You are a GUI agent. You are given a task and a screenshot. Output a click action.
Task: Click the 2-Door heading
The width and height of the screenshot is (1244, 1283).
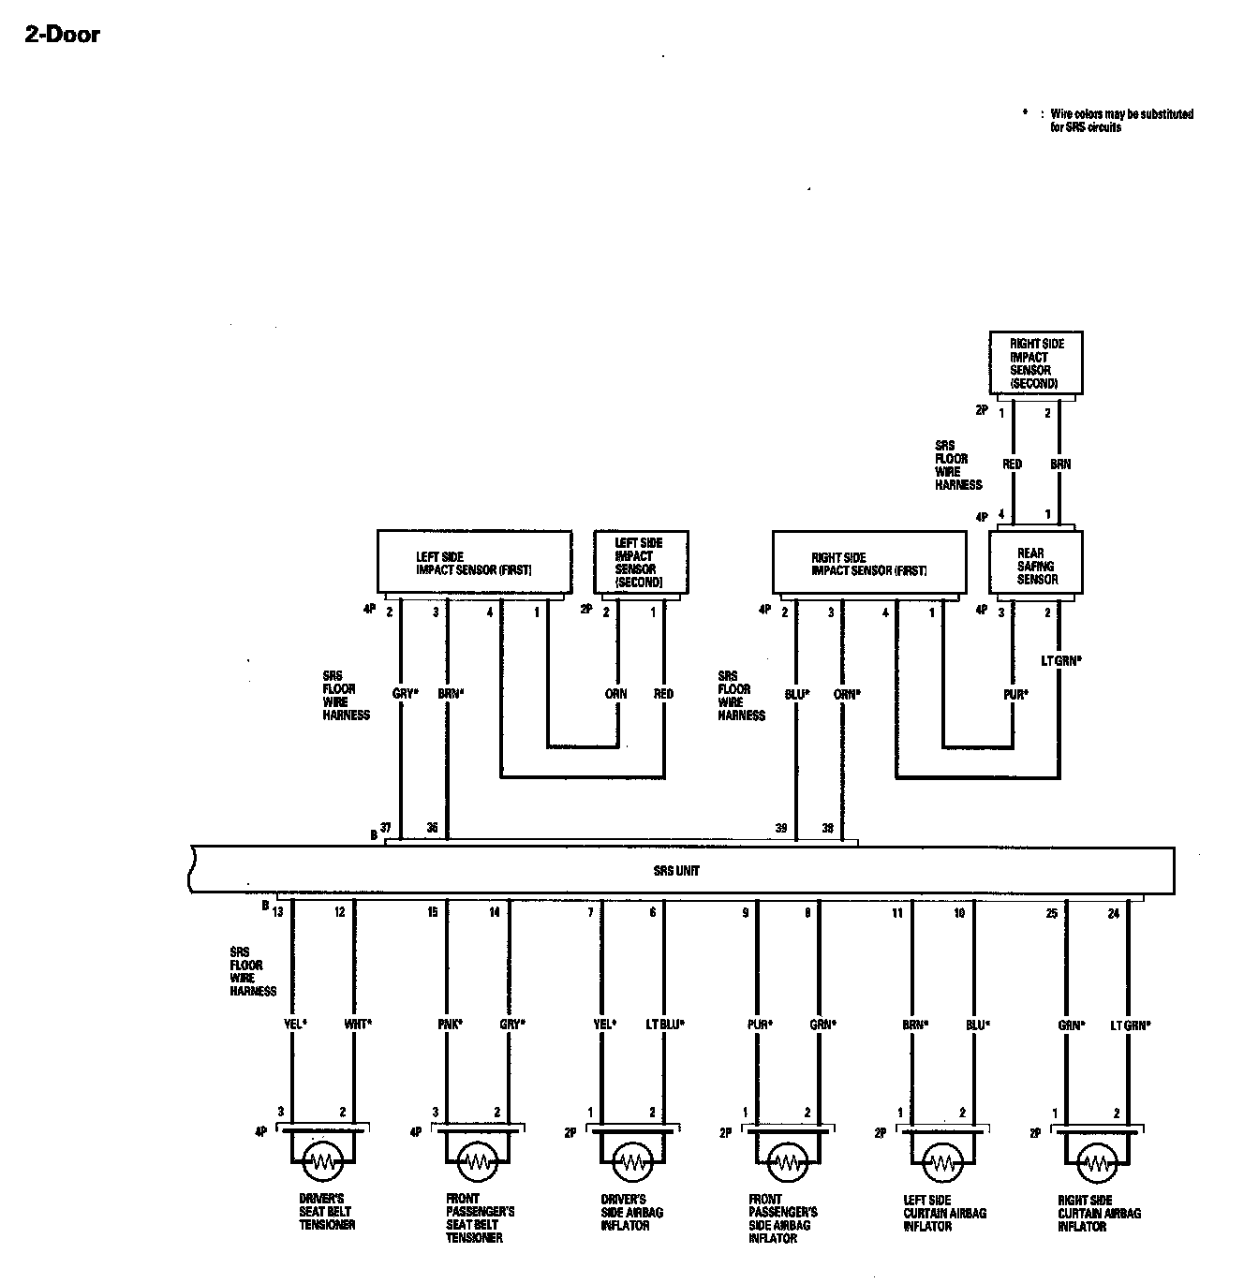(62, 36)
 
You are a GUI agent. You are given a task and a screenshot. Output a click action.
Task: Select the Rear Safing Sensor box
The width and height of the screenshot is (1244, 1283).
(1036, 565)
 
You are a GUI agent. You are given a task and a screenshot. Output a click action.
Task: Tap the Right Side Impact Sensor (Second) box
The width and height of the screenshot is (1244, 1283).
(1036, 363)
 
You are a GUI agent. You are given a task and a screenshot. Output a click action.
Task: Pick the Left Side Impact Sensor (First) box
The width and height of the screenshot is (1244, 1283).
(474, 563)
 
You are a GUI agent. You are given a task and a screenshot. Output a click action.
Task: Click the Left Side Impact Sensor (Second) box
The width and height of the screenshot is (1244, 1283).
(641, 563)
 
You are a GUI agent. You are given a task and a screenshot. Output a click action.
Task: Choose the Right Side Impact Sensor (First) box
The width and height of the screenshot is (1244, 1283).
(869, 563)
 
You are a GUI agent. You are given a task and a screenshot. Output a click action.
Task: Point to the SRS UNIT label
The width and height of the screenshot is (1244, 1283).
(676, 871)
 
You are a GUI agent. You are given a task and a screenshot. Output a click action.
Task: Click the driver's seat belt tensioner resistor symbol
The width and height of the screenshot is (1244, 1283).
(323, 1161)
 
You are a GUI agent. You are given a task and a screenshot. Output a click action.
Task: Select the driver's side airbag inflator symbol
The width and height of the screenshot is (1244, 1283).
(633, 1162)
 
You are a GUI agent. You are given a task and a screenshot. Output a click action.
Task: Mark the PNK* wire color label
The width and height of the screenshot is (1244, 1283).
(450, 1025)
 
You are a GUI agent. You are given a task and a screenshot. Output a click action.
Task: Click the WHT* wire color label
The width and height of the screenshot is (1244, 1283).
(358, 1025)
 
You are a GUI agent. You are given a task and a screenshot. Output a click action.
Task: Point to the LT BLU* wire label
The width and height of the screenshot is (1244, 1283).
(665, 1025)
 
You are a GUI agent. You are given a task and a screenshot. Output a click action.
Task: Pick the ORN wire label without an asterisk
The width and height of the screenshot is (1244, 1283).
(615, 694)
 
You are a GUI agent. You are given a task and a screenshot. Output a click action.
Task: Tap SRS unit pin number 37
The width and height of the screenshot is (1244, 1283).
(385, 829)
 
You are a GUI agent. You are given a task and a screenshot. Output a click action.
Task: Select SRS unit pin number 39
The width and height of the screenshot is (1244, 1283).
(780, 829)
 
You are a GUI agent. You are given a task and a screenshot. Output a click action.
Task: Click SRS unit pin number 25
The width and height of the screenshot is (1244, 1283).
(1052, 913)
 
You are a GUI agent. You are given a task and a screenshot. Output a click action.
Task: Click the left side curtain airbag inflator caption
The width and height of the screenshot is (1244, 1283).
(944, 1213)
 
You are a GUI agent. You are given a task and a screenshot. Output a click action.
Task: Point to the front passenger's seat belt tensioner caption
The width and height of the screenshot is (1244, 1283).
(480, 1217)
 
